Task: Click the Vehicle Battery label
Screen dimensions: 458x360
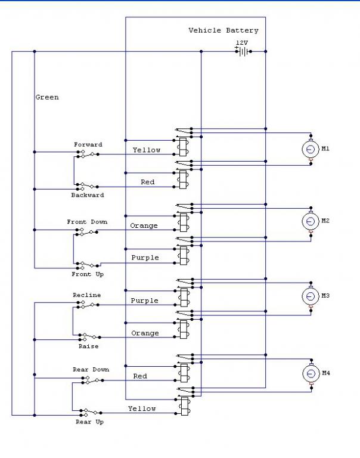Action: (224, 30)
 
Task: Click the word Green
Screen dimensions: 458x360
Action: (47, 97)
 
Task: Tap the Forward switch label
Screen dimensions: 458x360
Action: (88, 144)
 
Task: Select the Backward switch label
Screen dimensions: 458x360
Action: (88, 195)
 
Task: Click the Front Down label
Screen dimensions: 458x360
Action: (87, 222)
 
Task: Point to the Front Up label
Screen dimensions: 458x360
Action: (87, 274)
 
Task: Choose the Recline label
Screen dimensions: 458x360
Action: (86, 295)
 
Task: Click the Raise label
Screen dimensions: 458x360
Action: (88, 346)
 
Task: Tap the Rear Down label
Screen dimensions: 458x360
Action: (91, 370)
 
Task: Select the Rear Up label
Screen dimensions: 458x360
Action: (89, 422)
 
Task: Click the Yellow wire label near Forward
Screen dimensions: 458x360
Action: (146, 150)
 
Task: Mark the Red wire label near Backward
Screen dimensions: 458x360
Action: (147, 182)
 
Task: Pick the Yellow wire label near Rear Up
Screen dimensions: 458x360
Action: (142, 409)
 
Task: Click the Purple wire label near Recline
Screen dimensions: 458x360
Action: (144, 301)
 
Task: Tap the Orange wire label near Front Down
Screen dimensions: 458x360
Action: (144, 226)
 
